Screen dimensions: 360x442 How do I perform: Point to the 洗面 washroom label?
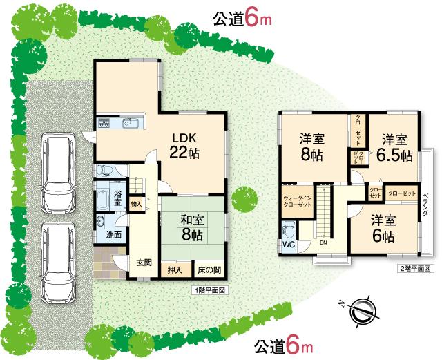click(114, 235)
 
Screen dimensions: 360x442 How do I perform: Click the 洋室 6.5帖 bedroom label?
click(394, 146)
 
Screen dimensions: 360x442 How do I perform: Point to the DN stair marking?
click(323, 243)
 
